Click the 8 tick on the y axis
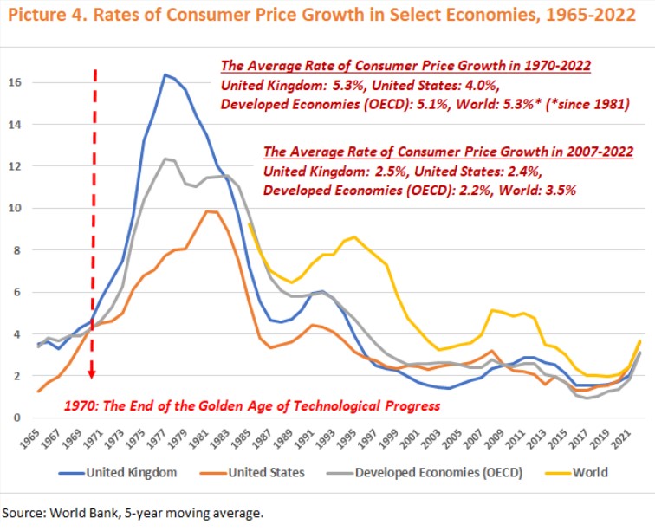click(23, 250)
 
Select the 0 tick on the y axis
click(23, 418)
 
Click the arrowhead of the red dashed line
click(92, 374)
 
